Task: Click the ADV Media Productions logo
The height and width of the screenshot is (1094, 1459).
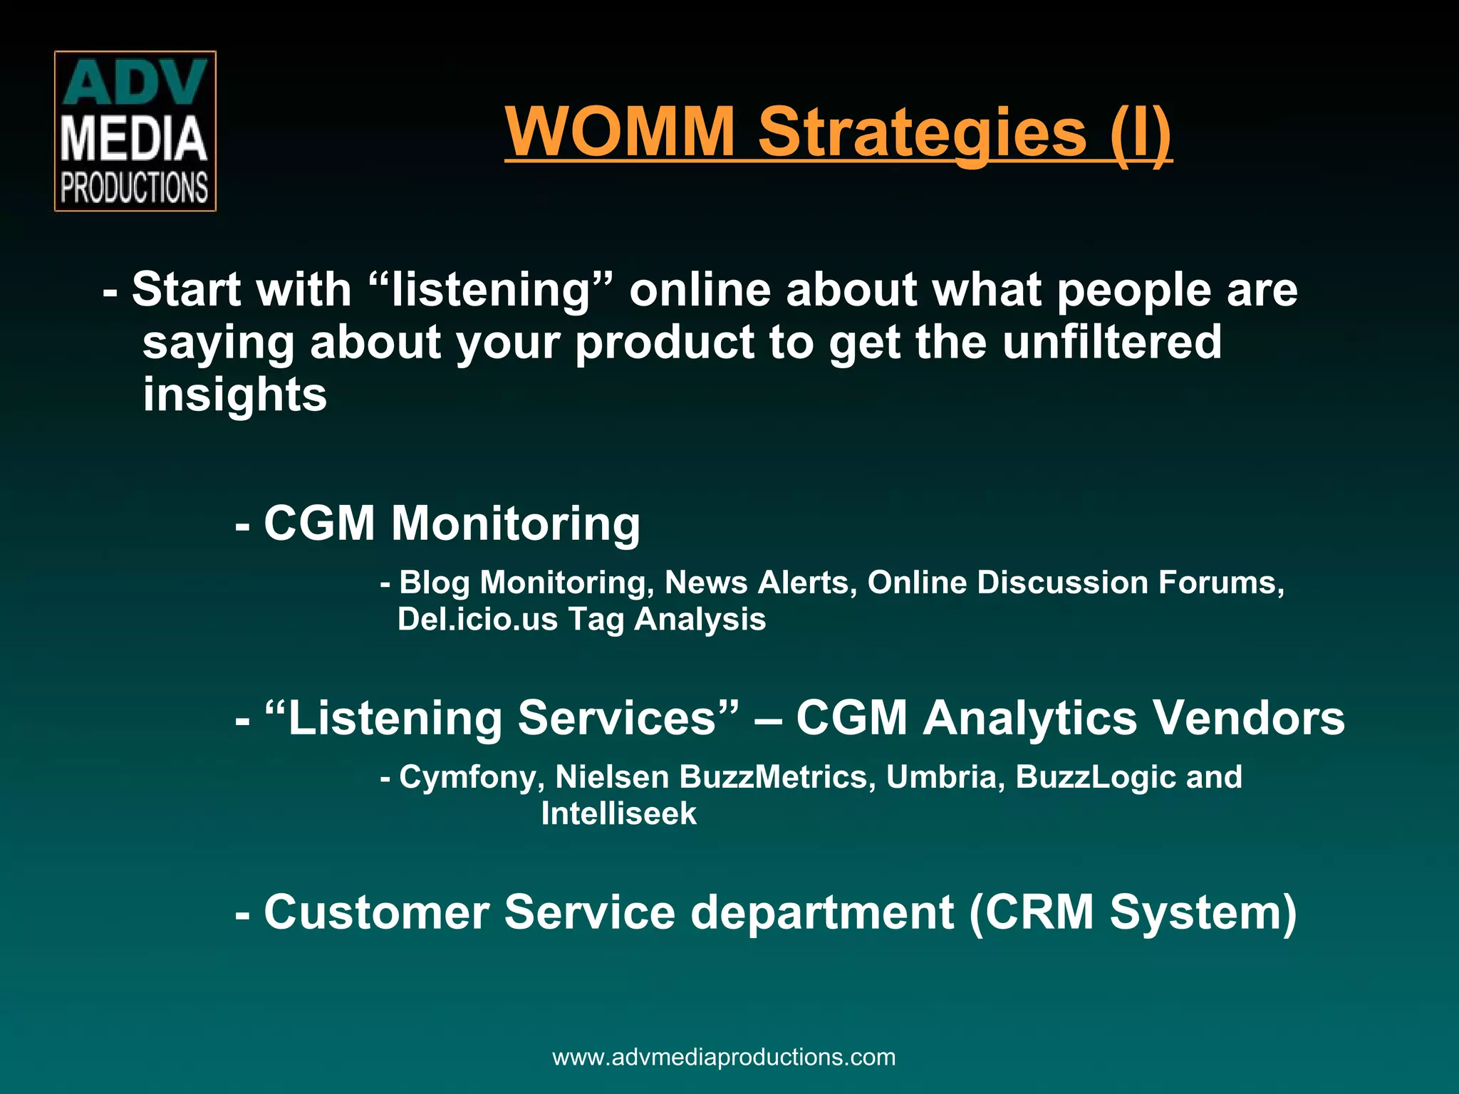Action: click(x=135, y=131)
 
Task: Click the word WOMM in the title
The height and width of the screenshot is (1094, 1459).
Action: click(x=620, y=132)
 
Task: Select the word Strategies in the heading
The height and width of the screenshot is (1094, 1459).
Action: click(x=922, y=133)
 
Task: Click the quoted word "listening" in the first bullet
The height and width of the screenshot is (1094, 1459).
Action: click(x=492, y=290)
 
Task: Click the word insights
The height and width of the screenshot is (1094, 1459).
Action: click(x=234, y=395)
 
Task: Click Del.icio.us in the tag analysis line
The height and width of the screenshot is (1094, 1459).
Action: click(x=477, y=619)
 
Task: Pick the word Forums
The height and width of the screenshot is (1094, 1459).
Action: click(x=1220, y=583)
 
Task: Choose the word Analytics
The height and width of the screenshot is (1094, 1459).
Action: click(x=1030, y=717)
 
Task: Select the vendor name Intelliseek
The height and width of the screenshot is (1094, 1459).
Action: click(x=618, y=813)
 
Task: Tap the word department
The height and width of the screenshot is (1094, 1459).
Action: click(x=822, y=912)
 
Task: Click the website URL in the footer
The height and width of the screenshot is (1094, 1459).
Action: click(x=724, y=1057)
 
